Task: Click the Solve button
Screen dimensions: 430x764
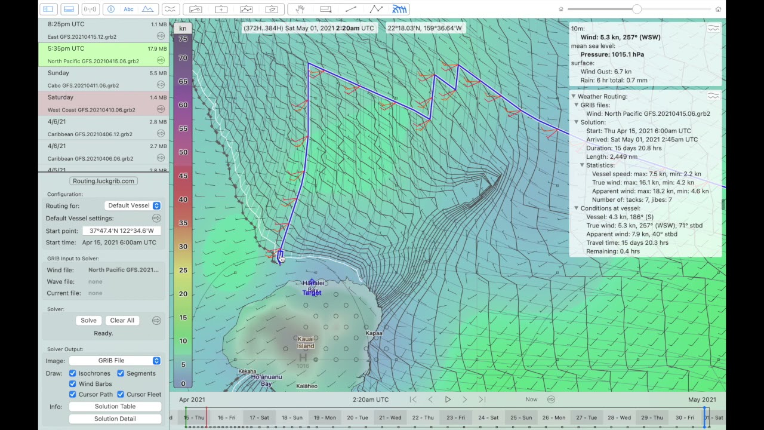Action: pos(88,320)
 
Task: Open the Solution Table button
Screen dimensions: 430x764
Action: pos(115,406)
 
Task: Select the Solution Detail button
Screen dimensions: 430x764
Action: pos(115,419)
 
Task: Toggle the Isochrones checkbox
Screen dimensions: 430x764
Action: pos(73,373)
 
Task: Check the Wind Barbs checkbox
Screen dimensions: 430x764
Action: pos(73,384)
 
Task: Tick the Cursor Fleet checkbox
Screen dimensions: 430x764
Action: pos(121,394)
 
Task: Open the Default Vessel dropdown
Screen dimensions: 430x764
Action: pos(133,205)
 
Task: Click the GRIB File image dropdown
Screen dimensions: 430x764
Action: pos(115,361)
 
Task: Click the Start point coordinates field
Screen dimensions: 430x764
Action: pos(122,231)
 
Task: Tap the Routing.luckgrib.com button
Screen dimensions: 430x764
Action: pos(103,181)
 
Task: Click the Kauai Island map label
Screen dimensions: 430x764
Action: pos(306,342)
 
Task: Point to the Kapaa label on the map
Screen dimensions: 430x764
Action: pos(374,333)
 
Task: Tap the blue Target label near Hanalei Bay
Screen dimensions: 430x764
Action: pos(312,293)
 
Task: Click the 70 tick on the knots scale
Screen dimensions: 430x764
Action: pos(183,58)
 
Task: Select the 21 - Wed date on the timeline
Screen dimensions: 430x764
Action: pos(390,417)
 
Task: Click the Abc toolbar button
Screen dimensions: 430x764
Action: pos(128,9)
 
